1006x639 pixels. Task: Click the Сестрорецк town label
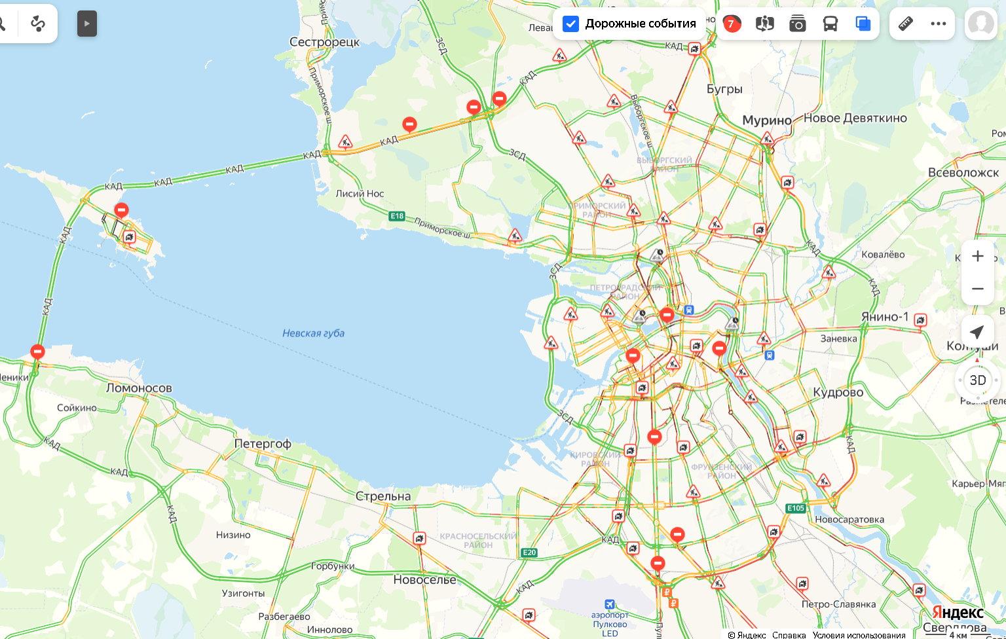click(x=324, y=42)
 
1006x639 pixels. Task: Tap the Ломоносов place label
click(x=139, y=388)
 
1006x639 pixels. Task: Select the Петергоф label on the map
click(x=263, y=443)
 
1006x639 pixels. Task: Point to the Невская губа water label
click(x=313, y=333)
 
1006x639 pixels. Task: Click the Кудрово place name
click(x=838, y=392)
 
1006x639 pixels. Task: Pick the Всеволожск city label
click(x=963, y=173)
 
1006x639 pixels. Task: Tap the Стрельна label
click(x=383, y=496)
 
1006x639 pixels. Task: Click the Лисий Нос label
click(x=360, y=194)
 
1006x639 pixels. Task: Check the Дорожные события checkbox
click(x=571, y=24)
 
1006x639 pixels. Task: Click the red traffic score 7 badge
click(x=732, y=24)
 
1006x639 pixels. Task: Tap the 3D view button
click(x=977, y=380)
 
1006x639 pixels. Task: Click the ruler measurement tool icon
click(x=905, y=24)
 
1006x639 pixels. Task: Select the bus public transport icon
click(x=830, y=24)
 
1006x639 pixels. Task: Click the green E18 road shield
click(x=397, y=216)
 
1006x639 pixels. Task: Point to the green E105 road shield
click(x=796, y=508)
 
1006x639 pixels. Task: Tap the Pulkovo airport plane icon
click(x=610, y=604)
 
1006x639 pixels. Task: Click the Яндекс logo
click(x=958, y=613)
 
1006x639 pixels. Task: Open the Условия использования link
click(x=859, y=634)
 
